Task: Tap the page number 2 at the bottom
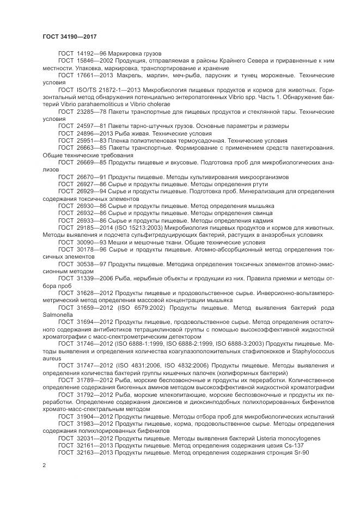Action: (x=44, y=465)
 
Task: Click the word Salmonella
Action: (x=57, y=314)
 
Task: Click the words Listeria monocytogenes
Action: (x=283, y=438)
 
